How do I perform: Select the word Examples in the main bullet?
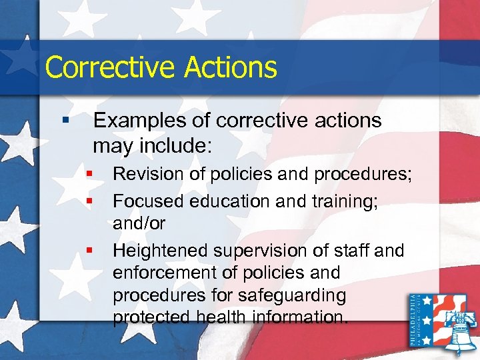coord(136,121)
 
